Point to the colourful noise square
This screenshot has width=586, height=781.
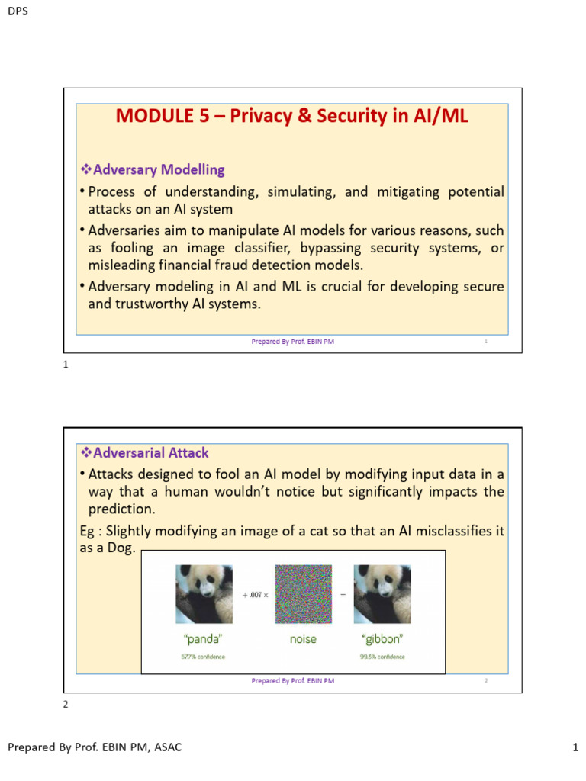[x=303, y=594]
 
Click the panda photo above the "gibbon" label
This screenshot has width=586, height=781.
[x=382, y=594]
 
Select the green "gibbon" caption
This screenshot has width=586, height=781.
[x=382, y=639]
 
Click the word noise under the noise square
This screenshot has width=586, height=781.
[x=303, y=639]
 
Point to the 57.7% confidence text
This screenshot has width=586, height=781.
[x=203, y=657]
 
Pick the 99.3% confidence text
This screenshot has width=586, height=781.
[x=382, y=657]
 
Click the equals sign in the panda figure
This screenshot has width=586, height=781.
[x=343, y=594]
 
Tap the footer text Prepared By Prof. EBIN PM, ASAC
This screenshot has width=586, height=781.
[x=95, y=747]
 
